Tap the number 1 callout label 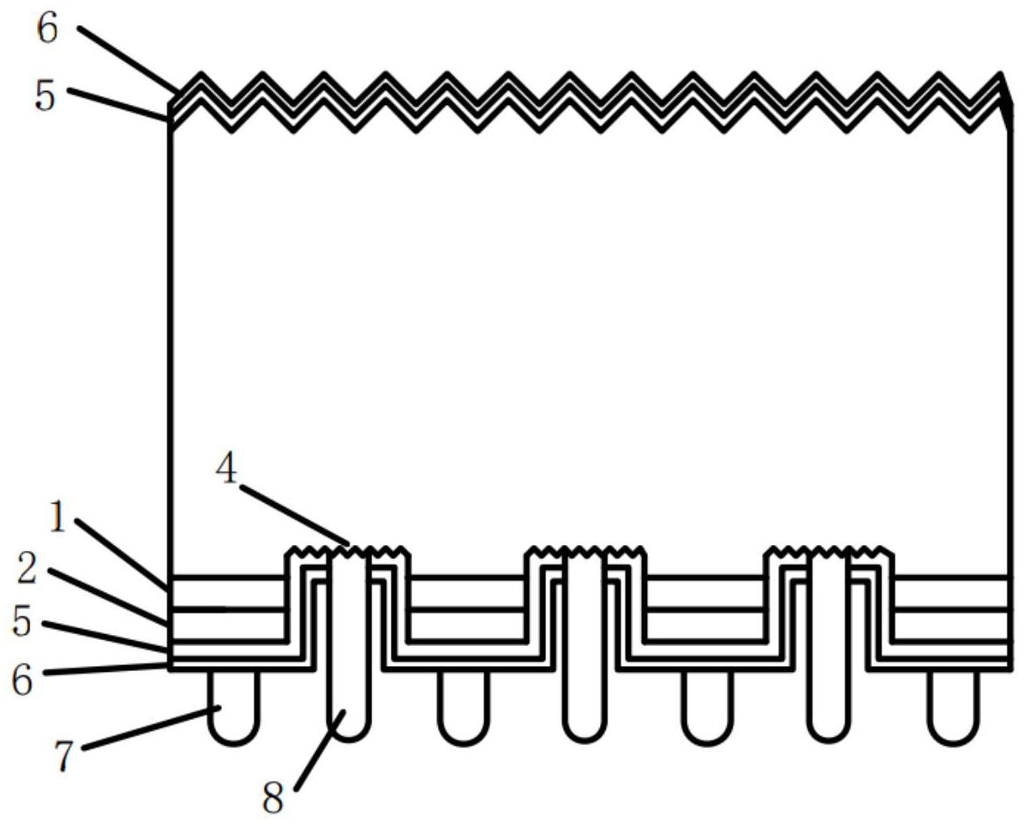pyautogui.click(x=57, y=517)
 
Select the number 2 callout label pyautogui.click(x=28, y=569)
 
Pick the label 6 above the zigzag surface pyautogui.click(x=48, y=29)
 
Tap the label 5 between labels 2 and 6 pyautogui.click(x=22, y=623)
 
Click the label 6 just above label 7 pyautogui.click(x=22, y=678)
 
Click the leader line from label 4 pyautogui.click(x=294, y=513)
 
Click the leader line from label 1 pyautogui.click(x=124, y=553)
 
